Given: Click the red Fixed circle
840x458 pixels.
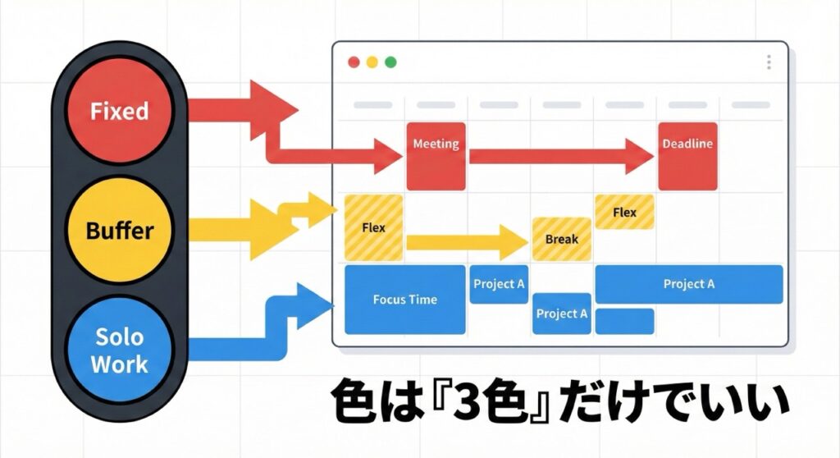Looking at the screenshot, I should tap(119, 110).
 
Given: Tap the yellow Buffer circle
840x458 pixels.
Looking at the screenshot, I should tap(120, 231).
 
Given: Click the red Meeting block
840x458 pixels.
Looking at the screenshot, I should tap(436, 155).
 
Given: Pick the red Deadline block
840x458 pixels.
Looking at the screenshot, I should tap(687, 155).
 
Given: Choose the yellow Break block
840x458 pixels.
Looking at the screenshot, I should tap(561, 239).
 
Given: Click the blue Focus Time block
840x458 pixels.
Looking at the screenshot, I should tap(404, 300).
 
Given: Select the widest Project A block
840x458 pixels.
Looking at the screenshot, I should tap(688, 284).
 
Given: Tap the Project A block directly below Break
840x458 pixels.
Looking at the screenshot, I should tap(561, 314).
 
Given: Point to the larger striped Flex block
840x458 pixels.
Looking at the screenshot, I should tap(373, 227).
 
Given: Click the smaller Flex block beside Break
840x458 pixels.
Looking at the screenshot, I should tap(624, 212).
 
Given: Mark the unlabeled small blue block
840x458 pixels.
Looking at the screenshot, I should tap(624, 321).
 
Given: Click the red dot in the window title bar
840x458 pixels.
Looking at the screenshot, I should tap(354, 62).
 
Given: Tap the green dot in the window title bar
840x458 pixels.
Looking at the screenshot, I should tap(390, 62).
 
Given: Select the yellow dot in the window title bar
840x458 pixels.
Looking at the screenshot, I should tap(372, 62).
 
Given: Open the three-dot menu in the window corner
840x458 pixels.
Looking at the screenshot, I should tap(769, 62).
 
